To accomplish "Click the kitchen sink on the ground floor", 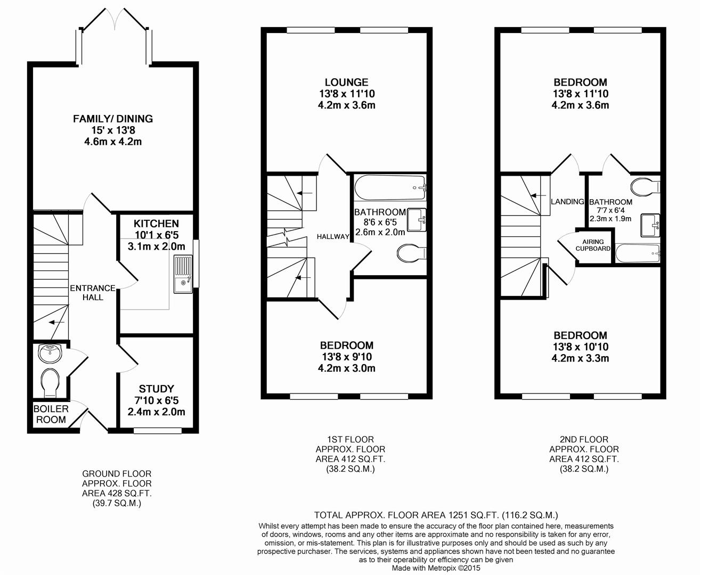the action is pyautogui.click(x=183, y=274).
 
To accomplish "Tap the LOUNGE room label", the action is pyautogui.click(x=346, y=82).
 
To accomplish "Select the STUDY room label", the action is pyautogui.click(x=156, y=389).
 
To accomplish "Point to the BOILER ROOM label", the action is pyautogui.click(x=51, y=414).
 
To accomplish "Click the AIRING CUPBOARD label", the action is pyautogui.click(x=593, y=245).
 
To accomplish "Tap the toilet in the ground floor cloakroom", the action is pyautogui.click(x=51, y=382).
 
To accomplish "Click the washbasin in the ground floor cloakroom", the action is pyautogui.click(x=50, y=354).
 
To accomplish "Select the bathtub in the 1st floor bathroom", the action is pyautogui.click(x=390, y=187).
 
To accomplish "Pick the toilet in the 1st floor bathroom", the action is pyautogui.click(x=412, y=253).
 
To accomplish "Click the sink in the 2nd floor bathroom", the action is pyautogui.click(x=650, y=226).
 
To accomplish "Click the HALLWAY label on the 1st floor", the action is pyautogui.click(x=333, y=236).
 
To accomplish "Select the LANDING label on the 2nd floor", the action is pyautogui.click(x=567, y=202).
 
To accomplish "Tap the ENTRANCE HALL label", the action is pyautogui.click(x=93, y=293).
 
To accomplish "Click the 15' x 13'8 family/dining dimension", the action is pyautogui.click(x=113, y=130).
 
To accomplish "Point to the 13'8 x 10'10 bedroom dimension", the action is pyautogui.click(x=580, y=347).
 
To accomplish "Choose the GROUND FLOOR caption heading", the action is pyautogui.click(x=117, y=474).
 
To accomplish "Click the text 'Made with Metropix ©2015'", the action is pyautogui.click(x=436, y=568).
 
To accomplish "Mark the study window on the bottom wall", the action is pyautogui.click(x=158, y=431).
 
